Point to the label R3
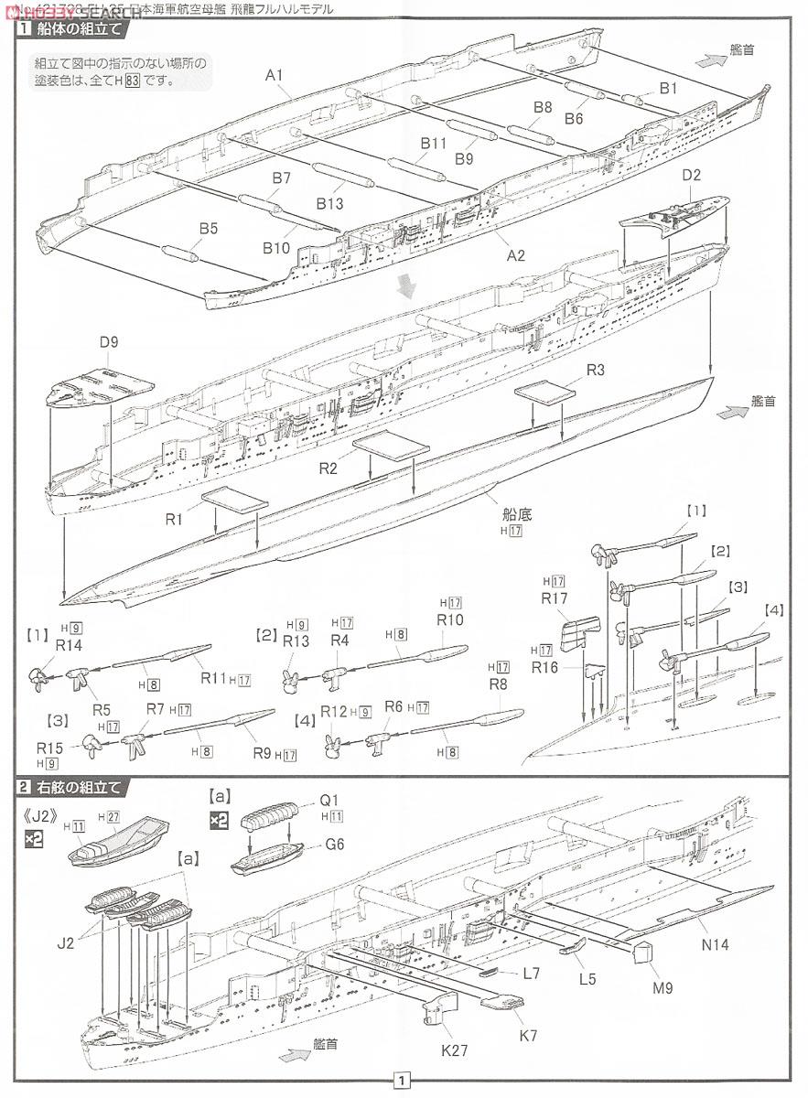[x=596, y=370]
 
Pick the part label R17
[x=555, y=599]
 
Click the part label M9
[x=663, y=988]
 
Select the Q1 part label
[x=329, y=798]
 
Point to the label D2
[x=691, y=174]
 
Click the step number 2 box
[x=20, y=786]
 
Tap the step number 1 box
[x=20, y=28]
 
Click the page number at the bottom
[x=401, y=1081]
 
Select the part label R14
[x=70, y=645]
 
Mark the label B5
[x=208, y=229]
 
